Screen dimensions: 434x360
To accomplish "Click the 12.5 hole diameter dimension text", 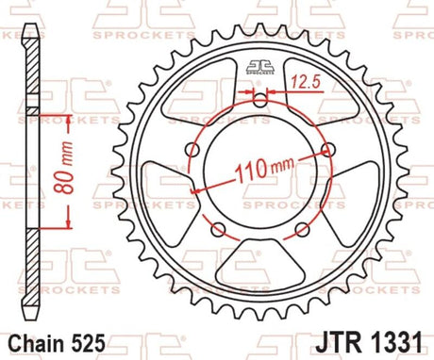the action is pyautogui.click(x=305, y=82).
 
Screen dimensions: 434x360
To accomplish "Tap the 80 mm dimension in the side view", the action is pyautogui.click(x=64, y=168).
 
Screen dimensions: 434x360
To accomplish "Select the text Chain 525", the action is pyautogui.click(x=57, y=343).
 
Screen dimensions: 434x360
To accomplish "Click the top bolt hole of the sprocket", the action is pyautogui.click(x=259, y=101).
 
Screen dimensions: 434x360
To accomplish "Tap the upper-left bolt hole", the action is pyautogui.click(x=193, y=150).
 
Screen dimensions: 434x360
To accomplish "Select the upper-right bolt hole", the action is pyautogui.click(x=327, y=150).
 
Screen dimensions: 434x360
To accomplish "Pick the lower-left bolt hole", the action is pyautogui.click(x=218, y=229).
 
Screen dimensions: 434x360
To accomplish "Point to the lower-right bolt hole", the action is pyautogui.click(x=302, y=230).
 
